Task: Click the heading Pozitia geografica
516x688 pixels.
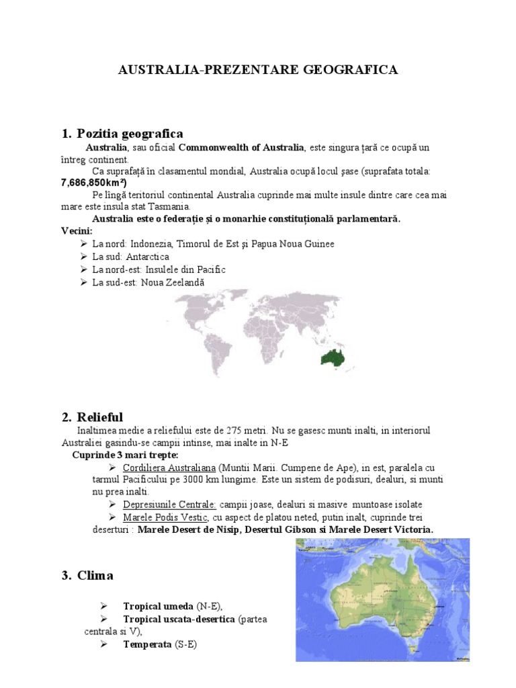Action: point(130,133)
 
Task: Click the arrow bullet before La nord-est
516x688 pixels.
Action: point(83,269)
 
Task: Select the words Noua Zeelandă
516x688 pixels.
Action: point(173,282)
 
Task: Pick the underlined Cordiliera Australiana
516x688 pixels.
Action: point(169,467)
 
